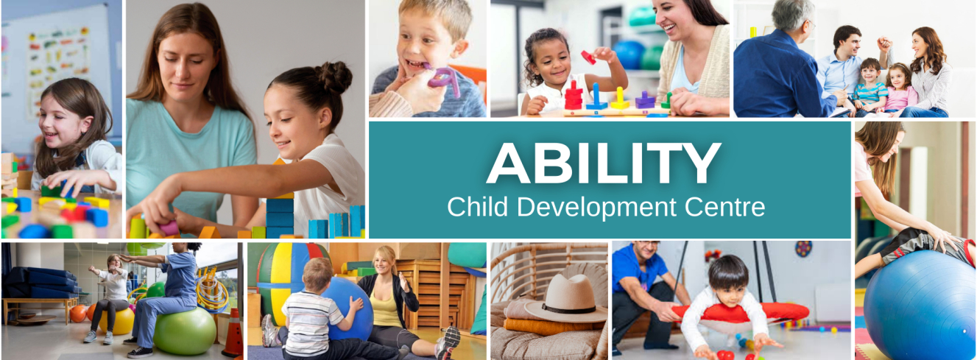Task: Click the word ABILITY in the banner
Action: tap(604, 163)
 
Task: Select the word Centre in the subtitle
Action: tap(725, 207)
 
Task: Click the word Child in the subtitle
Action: tap(478, 206)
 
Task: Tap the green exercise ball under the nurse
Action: tap(185, 331)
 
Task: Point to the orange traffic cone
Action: tap(233, 333)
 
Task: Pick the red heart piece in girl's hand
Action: tap(589, 57)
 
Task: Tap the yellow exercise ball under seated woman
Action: tap(118, 321)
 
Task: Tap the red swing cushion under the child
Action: tap(741, 313)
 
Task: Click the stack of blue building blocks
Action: tap(280, 218)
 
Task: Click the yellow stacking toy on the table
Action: tap(620, 99)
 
